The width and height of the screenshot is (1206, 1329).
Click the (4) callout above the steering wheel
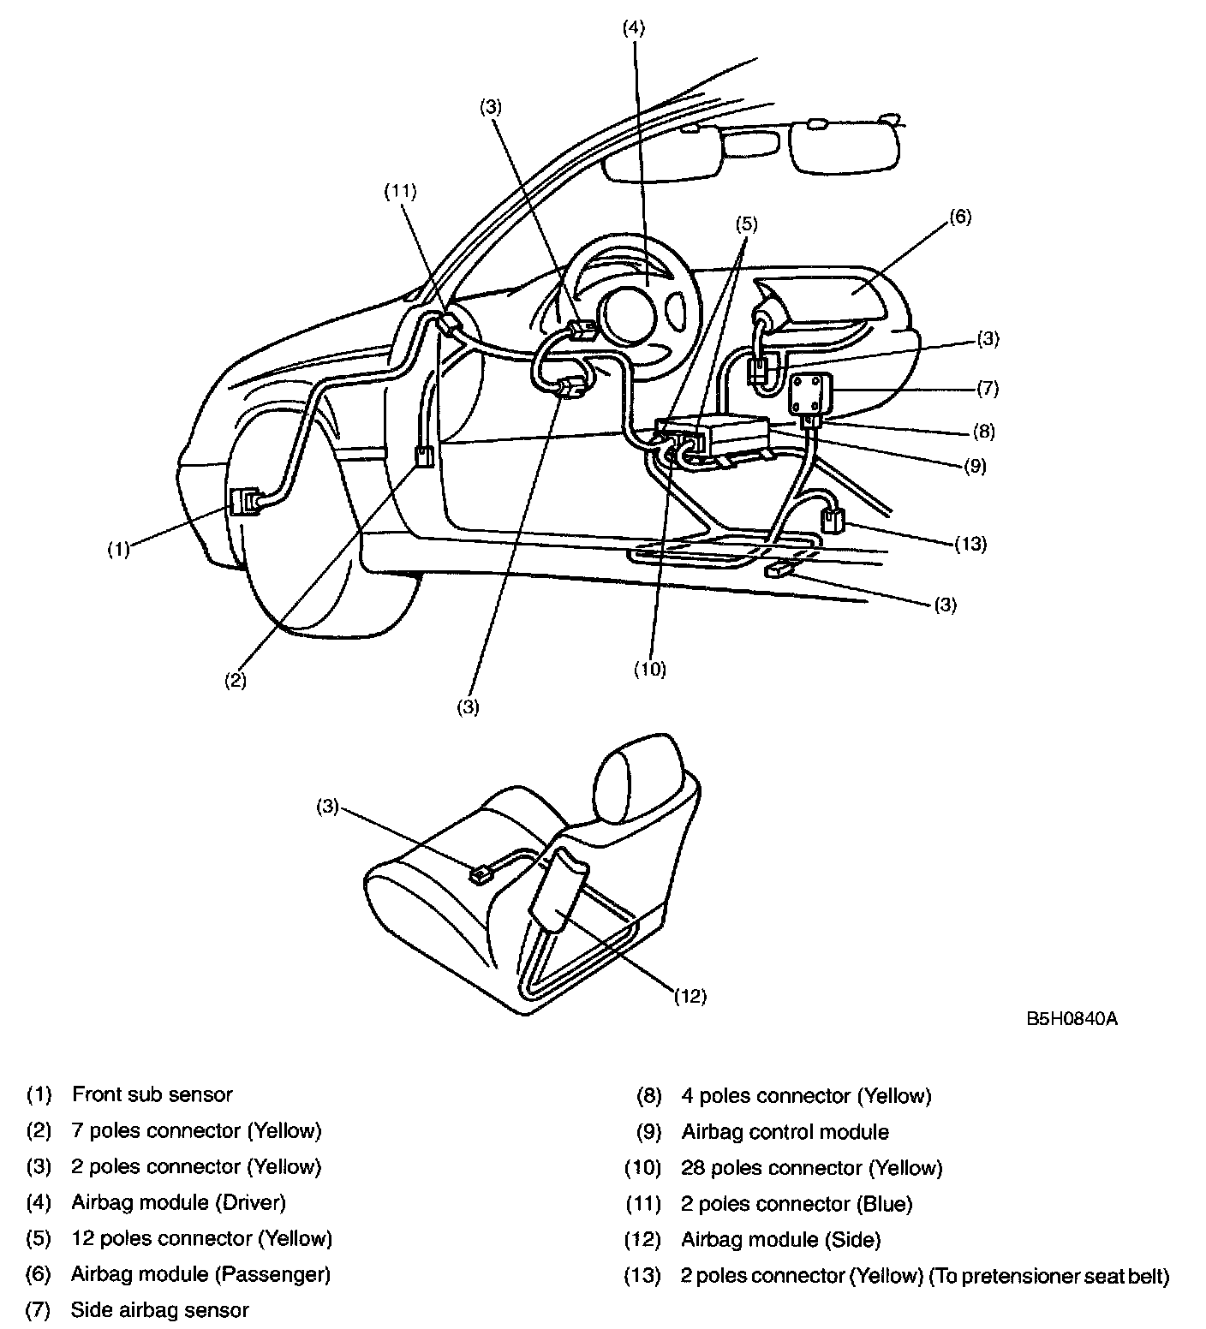pyautogui.click(x=633, y=27)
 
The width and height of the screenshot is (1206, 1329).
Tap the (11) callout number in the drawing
pyautogui.click(x=399, y=192)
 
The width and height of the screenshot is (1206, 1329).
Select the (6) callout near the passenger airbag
pyautogui.click(x=959, y=217)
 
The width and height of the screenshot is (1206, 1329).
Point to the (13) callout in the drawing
pyautogui.click(x=970, y=543)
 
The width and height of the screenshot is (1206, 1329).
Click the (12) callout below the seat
pyautogui.click(x=690, y=995)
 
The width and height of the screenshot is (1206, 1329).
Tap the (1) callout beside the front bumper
pyautogui.click(x=118, y=549)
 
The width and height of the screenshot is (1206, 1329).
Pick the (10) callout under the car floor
pyautogui.click(x=649, y=670)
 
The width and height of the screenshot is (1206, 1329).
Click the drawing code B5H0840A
pyautogui.click(x=1072, y=1019)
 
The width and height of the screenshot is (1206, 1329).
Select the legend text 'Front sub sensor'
pyautogui.click(x=152, y=1094)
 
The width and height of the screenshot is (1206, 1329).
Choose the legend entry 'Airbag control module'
pyautogui.click(x=785, y=1132)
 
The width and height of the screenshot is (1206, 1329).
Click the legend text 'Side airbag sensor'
pyautogui.click(x=159, y=1310)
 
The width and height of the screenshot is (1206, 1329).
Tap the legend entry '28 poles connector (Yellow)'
pyautogui.click(x=811, y=1168)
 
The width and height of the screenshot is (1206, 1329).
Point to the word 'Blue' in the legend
pyautogui.click(x=887, y=1204)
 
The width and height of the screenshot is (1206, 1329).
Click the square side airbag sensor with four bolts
pyautogui.click(x=809, y=392)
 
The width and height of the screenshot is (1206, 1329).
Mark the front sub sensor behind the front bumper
pyautogui.click(x=245, y=502)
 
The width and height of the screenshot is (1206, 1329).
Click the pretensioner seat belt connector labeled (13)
pyautogui.click(x=832, y=520)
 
